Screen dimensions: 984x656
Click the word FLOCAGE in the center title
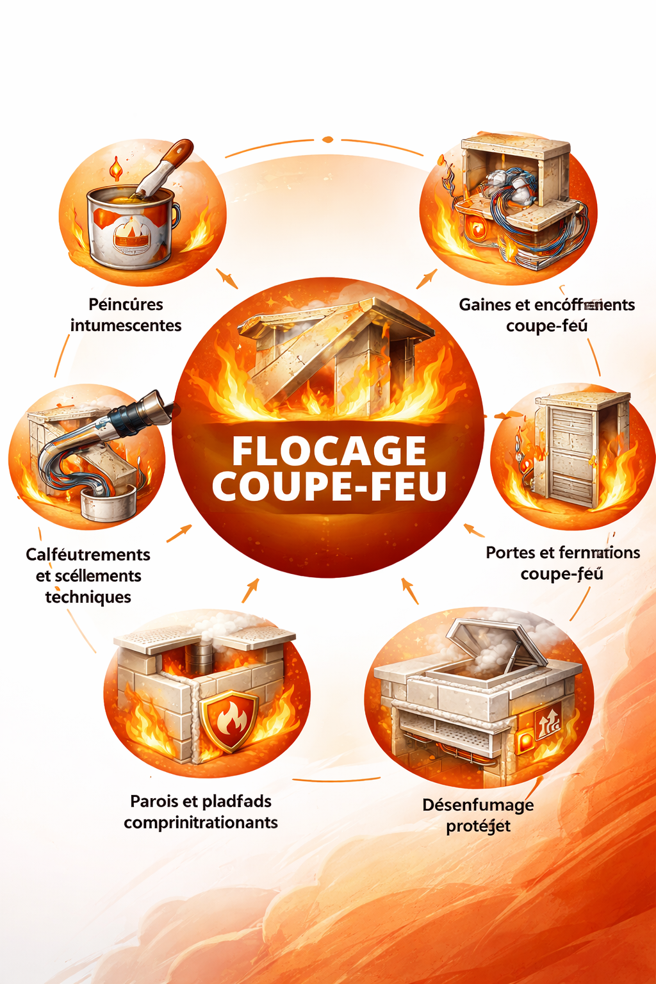pos(329,451)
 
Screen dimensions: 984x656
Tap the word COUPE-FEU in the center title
pos(329,486)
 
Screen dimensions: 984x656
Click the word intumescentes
pos(126,325)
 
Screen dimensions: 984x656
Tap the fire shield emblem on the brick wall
pos(229,721)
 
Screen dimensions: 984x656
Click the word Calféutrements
pos(88,555)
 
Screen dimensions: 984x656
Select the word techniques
pos(88,597)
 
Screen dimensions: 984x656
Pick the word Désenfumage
pos(478,805)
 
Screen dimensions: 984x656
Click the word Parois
pos(154,801)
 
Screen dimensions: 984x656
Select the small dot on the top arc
pos(327,140)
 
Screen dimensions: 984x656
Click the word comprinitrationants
pos(201,823)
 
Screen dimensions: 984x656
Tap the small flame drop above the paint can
pos(116,168)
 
